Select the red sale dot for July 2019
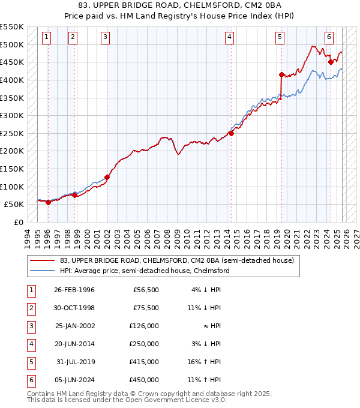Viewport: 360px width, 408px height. click(281, 74)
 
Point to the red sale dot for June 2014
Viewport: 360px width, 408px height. click(231, 133)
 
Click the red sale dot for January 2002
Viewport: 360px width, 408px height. click(107, 177)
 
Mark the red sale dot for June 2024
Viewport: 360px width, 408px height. click(330, 61)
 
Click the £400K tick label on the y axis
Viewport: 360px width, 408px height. click(12, 80)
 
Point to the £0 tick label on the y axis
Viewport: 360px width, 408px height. click(18, 222)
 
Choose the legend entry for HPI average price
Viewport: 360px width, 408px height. click(145, 271)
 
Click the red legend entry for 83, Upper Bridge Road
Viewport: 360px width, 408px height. click(176, 260)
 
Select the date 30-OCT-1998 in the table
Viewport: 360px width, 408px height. click(74, 308)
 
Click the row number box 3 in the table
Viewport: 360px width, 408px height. click(30, 326)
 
